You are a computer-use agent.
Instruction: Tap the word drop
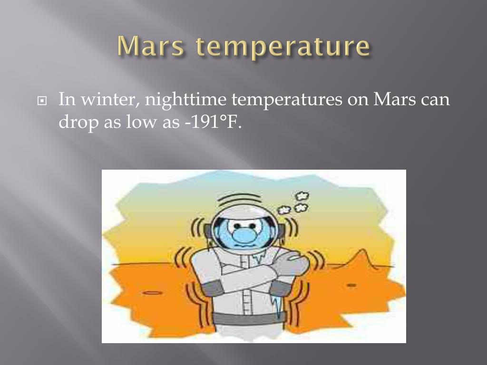coord(78,123)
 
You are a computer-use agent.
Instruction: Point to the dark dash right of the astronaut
coord(351,285)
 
